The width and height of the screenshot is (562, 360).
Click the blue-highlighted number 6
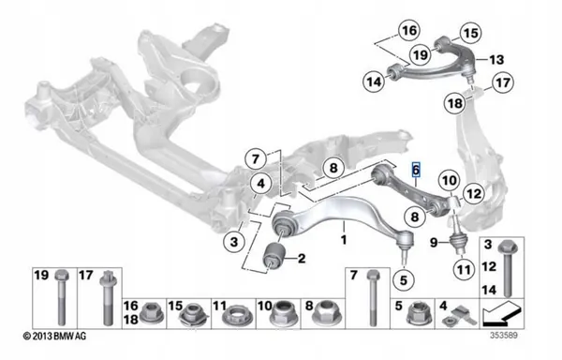(x=416, y=170)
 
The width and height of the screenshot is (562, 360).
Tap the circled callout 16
(x=409, y=30)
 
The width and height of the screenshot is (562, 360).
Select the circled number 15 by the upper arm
(x=471, y=33)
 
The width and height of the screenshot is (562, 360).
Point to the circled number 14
(x=374, y=82)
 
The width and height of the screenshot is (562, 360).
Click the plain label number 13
(x=496, y=59)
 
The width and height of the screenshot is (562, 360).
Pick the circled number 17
(x=502, y=82)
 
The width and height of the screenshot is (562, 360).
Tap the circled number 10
(x=450, y=180)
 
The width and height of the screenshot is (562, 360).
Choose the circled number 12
(x=474, y=194)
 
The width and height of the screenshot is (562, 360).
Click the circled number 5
(x=404, y=280)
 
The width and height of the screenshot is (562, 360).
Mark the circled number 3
(x=234, y=242)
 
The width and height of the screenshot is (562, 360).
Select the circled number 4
(x=261, y=184)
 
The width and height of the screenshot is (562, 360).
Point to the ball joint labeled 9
(x=459, y=241)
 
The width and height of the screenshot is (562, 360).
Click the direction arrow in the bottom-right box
(x=502, y=314)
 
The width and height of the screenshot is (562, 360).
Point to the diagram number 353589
(x=504, y=336)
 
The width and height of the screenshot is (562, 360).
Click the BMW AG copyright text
(x=54, y=336)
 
